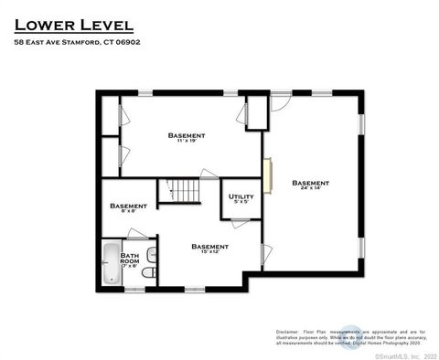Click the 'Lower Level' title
(73, 24)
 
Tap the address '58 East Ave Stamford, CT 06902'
(77, 42)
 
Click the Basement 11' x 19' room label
(187, 138)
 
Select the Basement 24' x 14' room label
(311, 185)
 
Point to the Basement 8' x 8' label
(128, 208)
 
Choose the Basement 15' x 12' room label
(209, 249)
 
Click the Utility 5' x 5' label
(241, 198)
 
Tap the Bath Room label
(130, 260)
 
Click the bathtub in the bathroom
(111, 264)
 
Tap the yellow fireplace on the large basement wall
(267, 175)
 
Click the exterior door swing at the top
(282, 102)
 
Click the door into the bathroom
(137, 234)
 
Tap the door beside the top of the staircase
(209, 174)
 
